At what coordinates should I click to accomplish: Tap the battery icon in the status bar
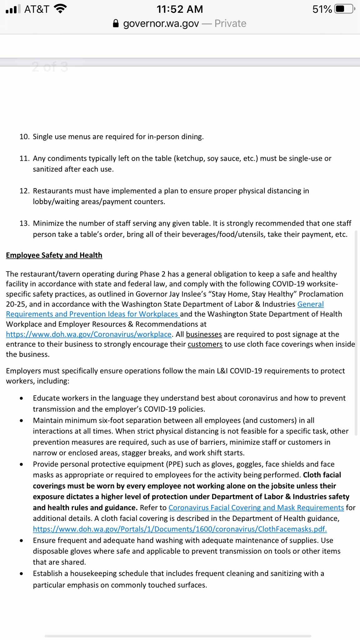(344, 9)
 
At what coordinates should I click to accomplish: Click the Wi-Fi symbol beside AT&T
(60, 9)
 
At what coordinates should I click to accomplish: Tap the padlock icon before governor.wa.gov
(116, 24)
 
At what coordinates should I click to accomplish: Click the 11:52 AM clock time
(180, 9)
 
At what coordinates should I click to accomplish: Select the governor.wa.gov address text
(161, 24)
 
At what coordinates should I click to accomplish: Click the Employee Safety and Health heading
(54, 255)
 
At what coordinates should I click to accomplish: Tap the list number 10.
(24, 137)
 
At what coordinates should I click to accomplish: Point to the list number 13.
(24, 223)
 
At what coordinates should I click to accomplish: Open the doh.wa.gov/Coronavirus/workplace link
(89, 334)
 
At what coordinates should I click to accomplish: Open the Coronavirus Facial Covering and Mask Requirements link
(256, 507)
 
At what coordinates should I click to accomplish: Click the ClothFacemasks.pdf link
(180, 529)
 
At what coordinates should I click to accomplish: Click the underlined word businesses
(204, 334)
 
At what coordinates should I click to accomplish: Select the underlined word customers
(205, 344)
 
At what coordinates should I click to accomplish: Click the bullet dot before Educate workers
(21, 398)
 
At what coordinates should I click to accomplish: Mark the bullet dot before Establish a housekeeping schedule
(21, 574)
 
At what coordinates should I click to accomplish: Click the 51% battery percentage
(322, 9)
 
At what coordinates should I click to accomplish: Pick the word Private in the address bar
(230, 24)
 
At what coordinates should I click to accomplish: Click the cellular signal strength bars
(13, 9)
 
